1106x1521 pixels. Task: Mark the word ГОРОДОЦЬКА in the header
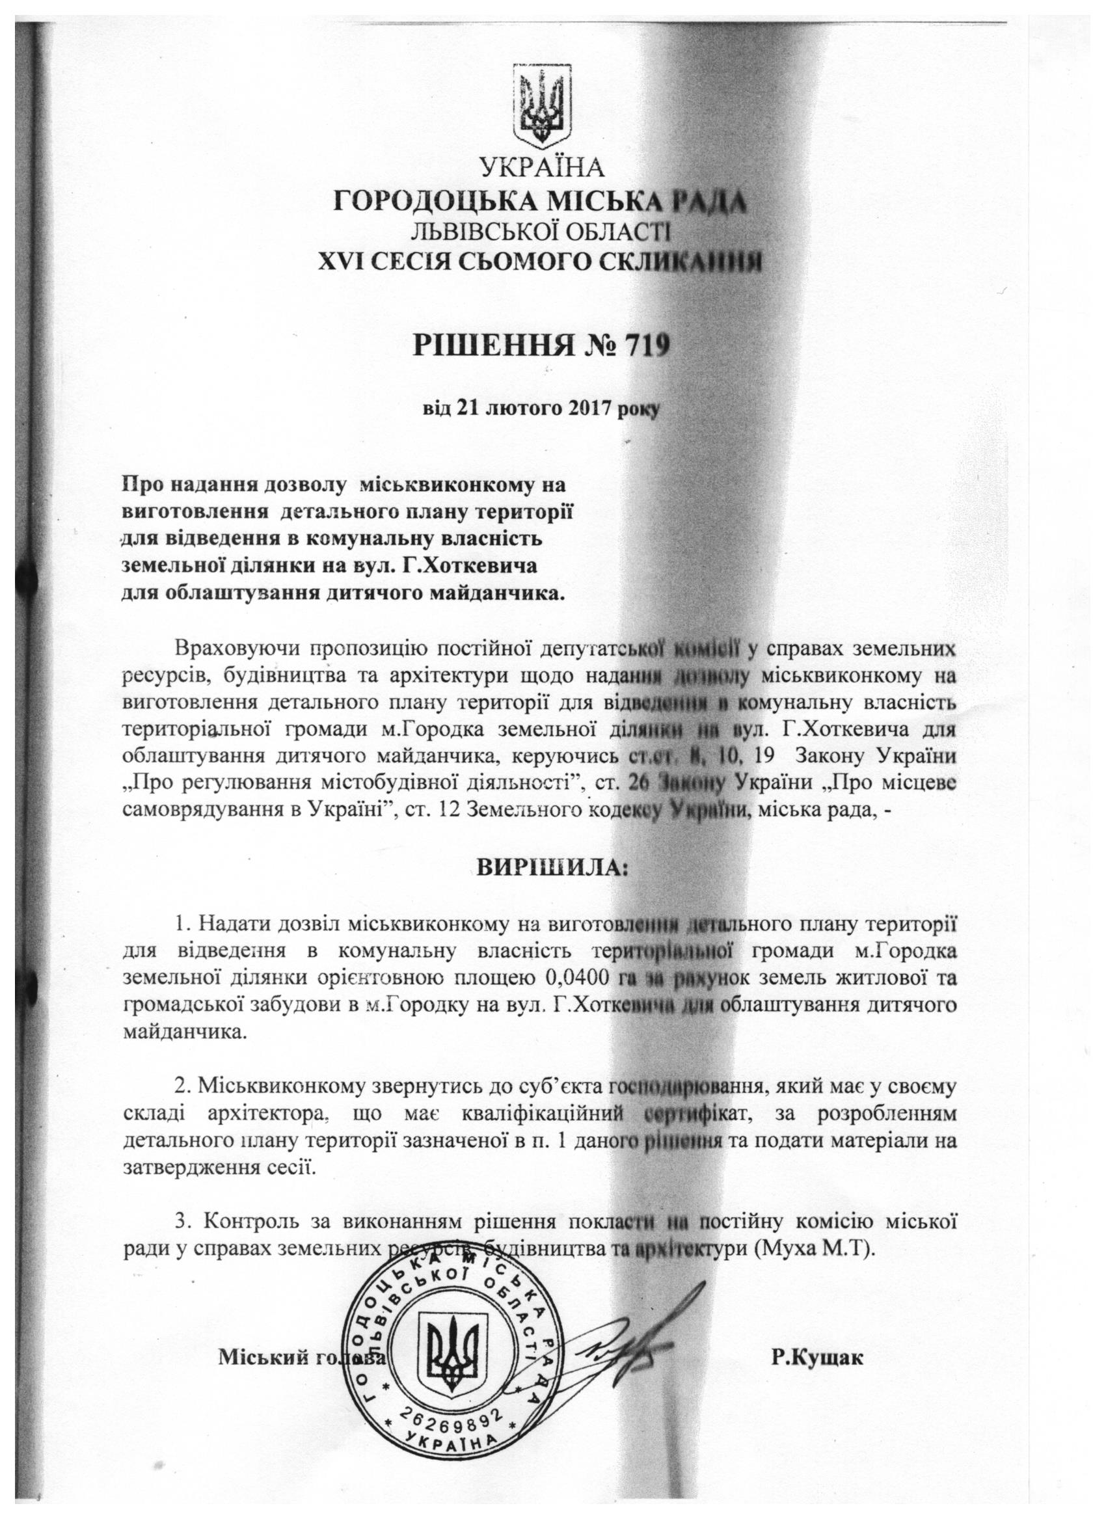click(x=432, y=200)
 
